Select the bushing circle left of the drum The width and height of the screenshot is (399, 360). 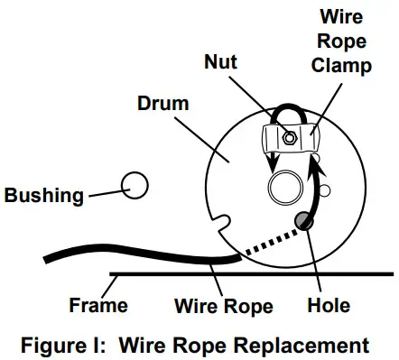point(135,185)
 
